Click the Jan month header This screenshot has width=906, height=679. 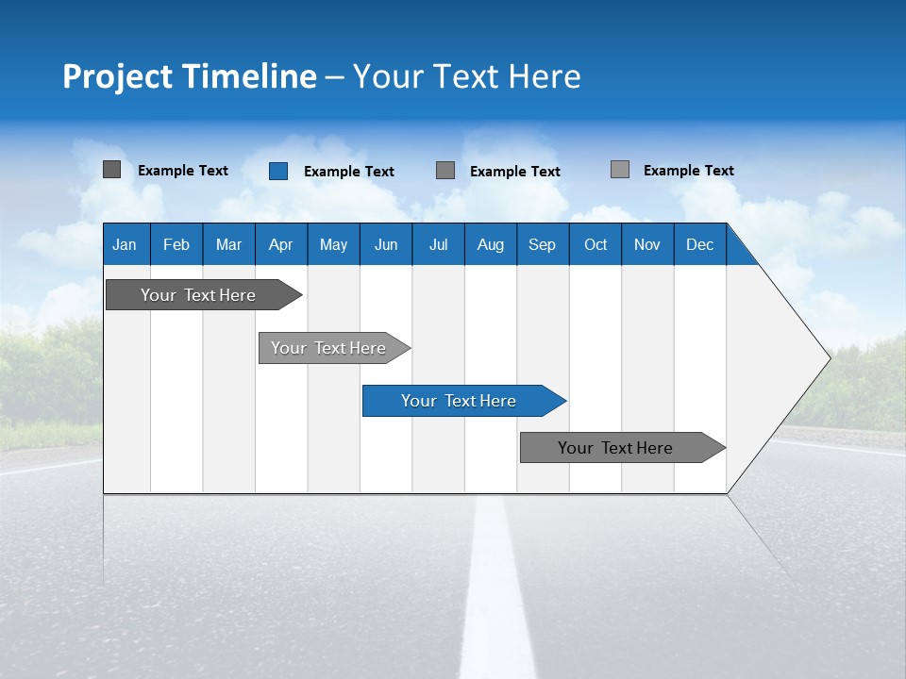click(125, 244)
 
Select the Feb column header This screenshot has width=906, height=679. click(176, 244)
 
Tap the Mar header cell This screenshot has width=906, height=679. click(228, 244)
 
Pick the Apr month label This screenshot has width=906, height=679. click(281, 244)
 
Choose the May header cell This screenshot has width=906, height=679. click(333, 244)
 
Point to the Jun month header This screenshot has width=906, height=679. click(386, 244)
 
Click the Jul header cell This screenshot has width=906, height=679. click(438, 244)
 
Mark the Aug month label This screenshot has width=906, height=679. click(491, 244)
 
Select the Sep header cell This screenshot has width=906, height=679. click(543, 244)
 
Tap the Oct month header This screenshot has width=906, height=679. click(596, 244)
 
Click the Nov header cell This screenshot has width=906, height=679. click(647, 244)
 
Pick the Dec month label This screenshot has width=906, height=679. click(700, 244)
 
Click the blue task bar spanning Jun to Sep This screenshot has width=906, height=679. click(459, 401)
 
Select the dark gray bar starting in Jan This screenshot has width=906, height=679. click(198, 295)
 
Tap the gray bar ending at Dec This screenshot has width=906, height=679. click(615, 448)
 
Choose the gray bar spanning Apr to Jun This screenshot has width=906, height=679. click(328, 348)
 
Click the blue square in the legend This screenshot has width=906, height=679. click(278, 171)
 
